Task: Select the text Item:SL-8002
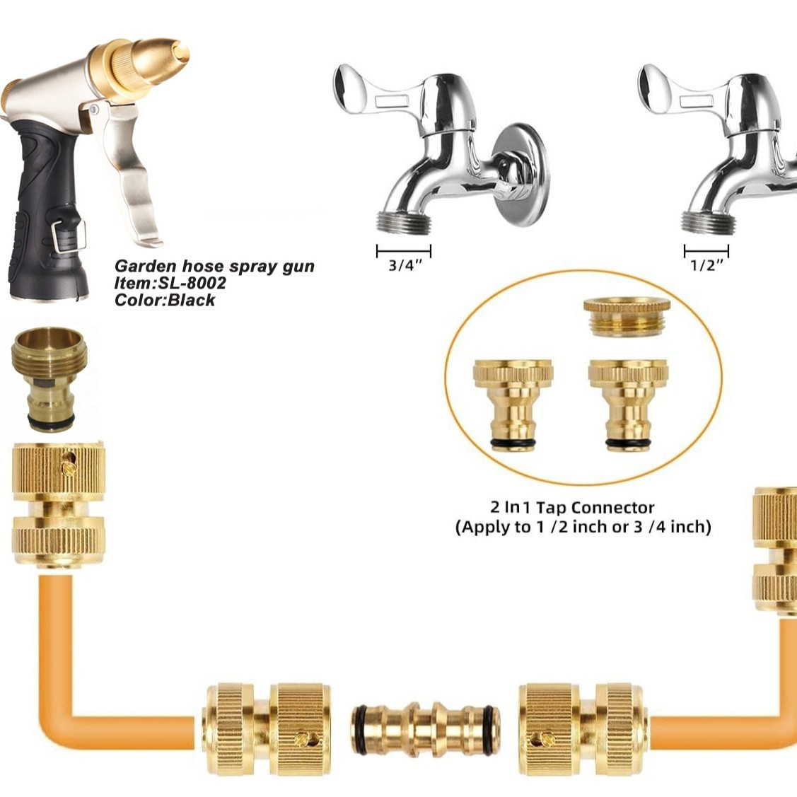170,283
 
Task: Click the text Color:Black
165,300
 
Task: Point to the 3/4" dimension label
405,264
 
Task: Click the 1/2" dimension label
706,264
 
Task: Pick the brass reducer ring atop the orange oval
627,316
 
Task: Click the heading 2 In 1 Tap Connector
572,507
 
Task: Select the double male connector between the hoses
425,730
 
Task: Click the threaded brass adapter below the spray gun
50,379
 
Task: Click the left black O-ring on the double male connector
360,730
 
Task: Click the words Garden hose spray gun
214,267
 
